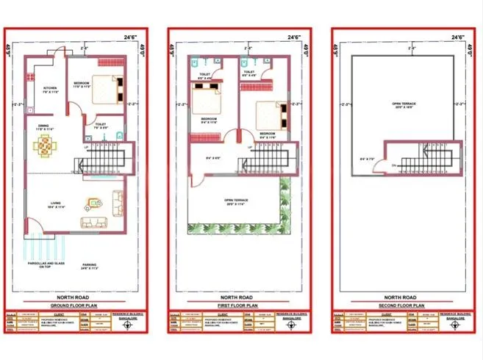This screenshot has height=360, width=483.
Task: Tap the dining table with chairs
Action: pyautogui.click(x=46, y=146)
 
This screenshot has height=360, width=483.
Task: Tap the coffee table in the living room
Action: pyautogui.click(x=93, y=202)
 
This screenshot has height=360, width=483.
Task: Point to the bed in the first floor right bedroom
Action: pyautogui.click(x=271, y=113)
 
